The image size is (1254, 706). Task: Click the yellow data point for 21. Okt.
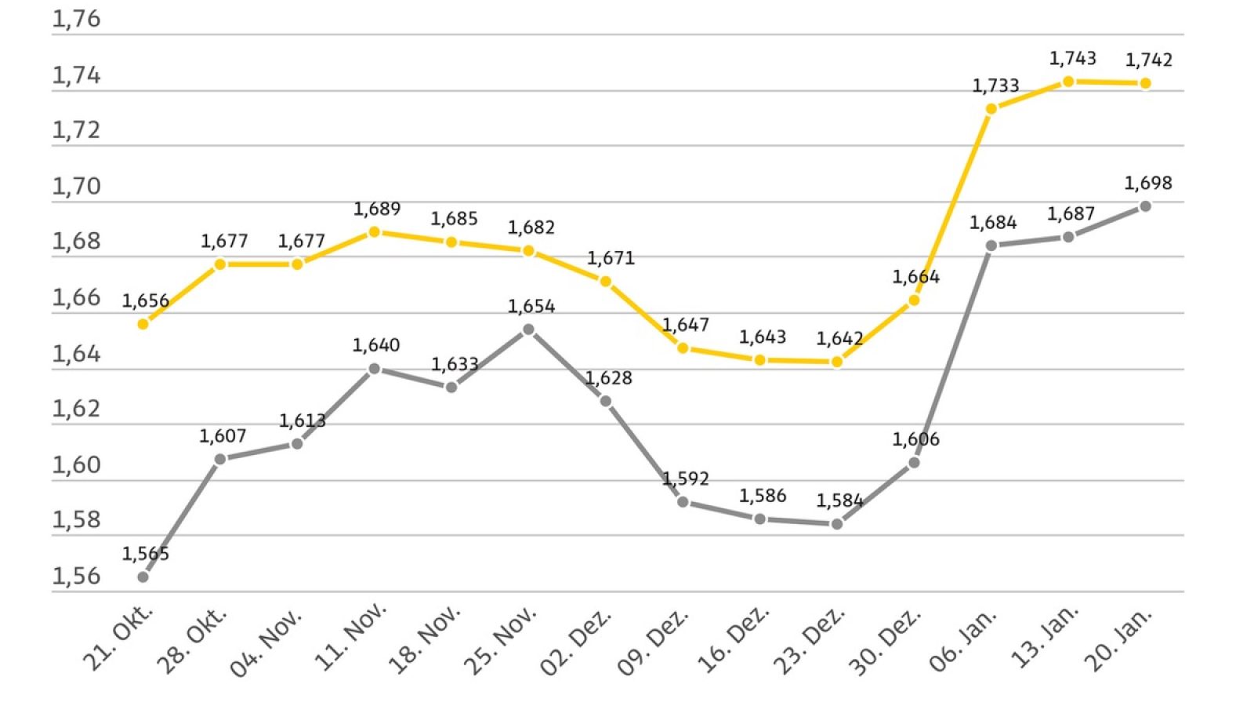tap(143, 324)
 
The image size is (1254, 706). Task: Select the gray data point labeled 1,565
tap(143, 577)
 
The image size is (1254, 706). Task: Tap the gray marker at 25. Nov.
tap(528, 329)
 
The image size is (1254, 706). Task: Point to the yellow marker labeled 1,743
tap(1068, 82)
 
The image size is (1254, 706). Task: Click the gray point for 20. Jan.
tap(1145, 206)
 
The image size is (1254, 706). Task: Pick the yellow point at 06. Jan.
tap(991, 109)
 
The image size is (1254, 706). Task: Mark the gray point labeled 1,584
tap(837, 524)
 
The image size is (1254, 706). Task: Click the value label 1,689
tap(376, 209)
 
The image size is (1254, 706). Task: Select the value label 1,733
tap(995, 86)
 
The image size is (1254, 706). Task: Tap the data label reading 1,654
tap(531, 307)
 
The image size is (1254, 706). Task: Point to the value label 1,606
tap(915, 439)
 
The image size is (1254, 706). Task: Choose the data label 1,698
tap(1148, 184)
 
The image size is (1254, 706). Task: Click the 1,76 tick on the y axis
tap(76, 20)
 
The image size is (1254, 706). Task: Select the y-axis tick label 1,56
tap(76, 577)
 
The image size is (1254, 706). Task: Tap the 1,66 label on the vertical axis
tap(76, 298)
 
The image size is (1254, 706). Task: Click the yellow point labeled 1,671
tap(605, 281)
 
